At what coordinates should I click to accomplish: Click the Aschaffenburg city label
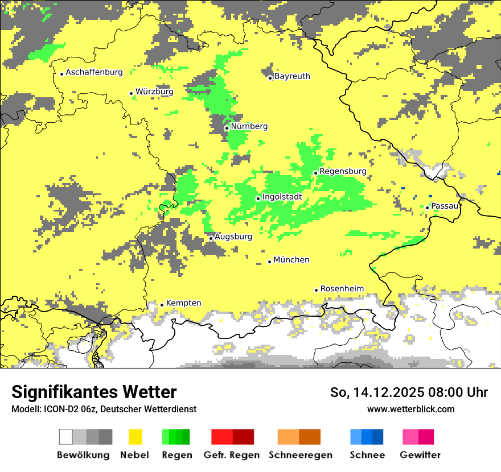click(94, 72)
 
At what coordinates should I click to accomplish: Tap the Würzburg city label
click(154, 92)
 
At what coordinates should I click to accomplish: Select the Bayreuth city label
click(292, 76)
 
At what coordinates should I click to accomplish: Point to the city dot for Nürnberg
click(227, 128)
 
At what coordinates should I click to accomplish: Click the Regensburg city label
click(343, 171)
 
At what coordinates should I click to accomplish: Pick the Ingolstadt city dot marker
click(258, 198)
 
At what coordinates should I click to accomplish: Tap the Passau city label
click(445, 206)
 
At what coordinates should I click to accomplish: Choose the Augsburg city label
click(233, 237)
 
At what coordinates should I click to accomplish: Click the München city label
click(291, 260)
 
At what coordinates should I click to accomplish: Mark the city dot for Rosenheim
click(316, 290)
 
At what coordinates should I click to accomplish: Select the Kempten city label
click(183, 303)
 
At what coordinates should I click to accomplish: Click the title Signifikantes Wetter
click(94, 392)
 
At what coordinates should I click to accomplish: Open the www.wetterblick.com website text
click(410, 409)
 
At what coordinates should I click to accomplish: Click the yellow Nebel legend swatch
click(135, 437)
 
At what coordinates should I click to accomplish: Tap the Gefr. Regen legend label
click(232, 455)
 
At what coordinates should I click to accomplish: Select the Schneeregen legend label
click(301, 455)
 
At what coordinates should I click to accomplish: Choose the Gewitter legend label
click(420, 455)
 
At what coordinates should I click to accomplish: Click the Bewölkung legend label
click(83, 455)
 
